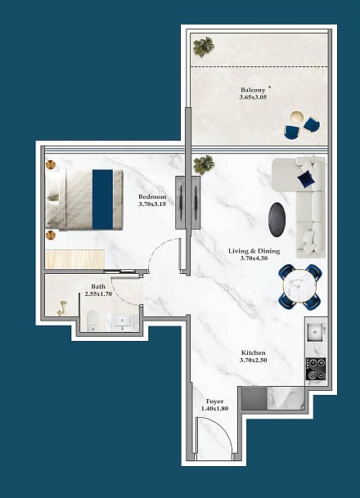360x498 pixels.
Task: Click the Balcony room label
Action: [253, 90]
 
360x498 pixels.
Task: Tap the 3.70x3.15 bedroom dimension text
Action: [152, 204]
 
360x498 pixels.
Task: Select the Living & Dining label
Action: [254, 251]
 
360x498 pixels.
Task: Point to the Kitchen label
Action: [254, 352]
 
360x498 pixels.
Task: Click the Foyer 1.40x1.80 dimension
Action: [215, 408]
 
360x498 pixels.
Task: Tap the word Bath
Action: [98, 286]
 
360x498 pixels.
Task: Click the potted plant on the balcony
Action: [204, 47]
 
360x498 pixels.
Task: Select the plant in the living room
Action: [204, 164]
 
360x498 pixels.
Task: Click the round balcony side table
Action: [297, 117]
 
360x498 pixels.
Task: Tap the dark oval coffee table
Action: [277, 219]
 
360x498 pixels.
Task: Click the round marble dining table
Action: [299, 286]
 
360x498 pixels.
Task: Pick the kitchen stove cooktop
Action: [316, 369]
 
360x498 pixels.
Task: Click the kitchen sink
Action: [315, 332]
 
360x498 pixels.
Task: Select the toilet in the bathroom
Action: [92, 321]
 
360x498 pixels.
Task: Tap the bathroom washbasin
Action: [123, 322]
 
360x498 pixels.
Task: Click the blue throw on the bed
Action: [102, 200]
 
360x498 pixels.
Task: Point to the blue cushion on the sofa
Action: [306, 178]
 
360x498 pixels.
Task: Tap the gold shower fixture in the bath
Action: [62, 309]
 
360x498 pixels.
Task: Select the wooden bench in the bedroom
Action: [75, 259]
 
